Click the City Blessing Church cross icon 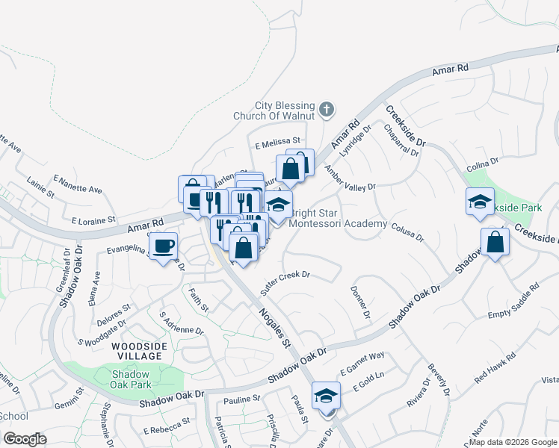tap(326, 111)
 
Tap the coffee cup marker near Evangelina tap(163, 245)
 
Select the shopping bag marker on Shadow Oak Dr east tap(495, 242)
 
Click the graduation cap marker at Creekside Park tap(480, 202)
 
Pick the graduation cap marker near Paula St tap(326, 396)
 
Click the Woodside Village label tap(136, 351)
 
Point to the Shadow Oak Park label tap(132, 379)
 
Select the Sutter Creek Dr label tap(285, 276)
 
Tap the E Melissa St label tap(277, 140)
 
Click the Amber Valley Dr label tap(349, 180)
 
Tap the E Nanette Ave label tap(78, 184)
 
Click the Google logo tap(25, 438)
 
